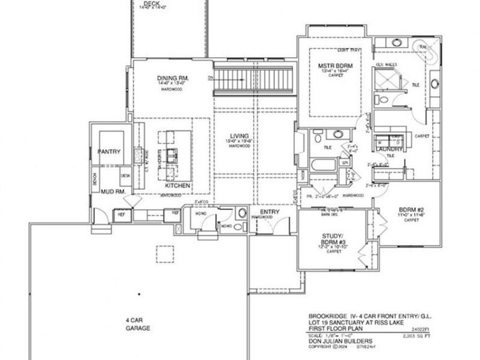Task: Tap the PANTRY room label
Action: [109, 151]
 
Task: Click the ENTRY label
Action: [270, 212]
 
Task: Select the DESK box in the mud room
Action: [125, 175]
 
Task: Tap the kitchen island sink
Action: [172, 156]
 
